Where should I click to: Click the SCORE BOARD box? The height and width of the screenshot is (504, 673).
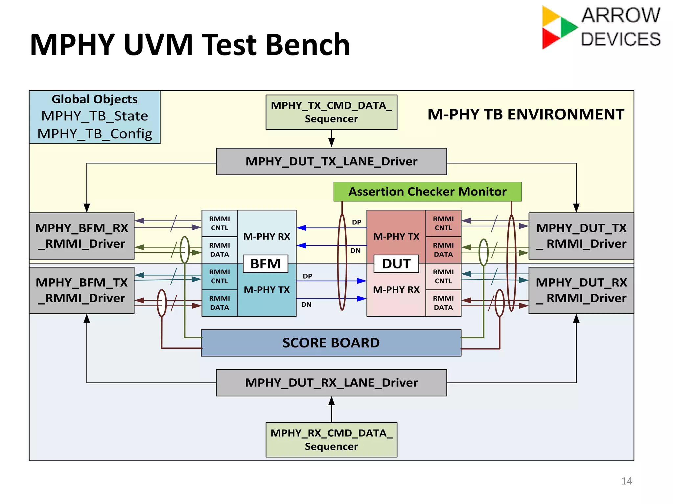tap(331, 343)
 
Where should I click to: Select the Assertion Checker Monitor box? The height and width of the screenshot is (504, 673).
tap(427, 192)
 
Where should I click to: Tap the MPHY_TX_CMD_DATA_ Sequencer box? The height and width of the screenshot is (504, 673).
tap(331, 112)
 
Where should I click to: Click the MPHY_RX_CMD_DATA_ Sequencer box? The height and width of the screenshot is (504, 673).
tap(331, 440)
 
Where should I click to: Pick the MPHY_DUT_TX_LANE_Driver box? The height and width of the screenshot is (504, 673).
tap(331, 161)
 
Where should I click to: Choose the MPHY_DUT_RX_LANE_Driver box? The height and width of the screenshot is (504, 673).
tap(331, 383)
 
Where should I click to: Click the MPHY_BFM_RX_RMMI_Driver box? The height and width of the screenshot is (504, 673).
tap(81, 236)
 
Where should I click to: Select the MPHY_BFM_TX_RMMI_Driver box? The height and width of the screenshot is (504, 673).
tap(81, 290)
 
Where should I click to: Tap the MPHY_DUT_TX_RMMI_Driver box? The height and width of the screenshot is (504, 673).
tap(581, 236)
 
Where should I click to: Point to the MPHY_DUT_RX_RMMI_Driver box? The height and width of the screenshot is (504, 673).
tap(581, 290)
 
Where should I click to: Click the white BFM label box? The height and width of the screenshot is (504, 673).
tap(266, 264)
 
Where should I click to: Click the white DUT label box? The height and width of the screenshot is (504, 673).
tap(396, 264)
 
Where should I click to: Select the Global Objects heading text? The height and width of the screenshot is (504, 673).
tap(95, 99)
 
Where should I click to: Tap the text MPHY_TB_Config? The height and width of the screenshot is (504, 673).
tap(95, 134)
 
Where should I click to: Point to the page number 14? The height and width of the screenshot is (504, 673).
tap(627, 481)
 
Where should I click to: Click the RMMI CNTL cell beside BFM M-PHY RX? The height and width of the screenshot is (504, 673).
tap(220, 223)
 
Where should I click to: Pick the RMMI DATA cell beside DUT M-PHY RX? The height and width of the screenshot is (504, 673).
tap(443, 303)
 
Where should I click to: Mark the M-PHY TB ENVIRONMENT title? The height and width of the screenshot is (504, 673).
tap(526, 115)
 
